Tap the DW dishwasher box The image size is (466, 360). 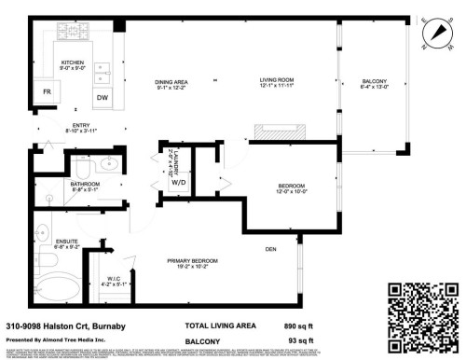[x=102, y=98]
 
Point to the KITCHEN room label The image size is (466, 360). [x=73, y=63]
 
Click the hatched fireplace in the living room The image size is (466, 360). [x=279, y=132]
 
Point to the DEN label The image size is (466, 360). [x=271, y=249]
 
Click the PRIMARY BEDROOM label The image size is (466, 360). [x=192, y=260]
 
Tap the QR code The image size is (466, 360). [x=423, y=313]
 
